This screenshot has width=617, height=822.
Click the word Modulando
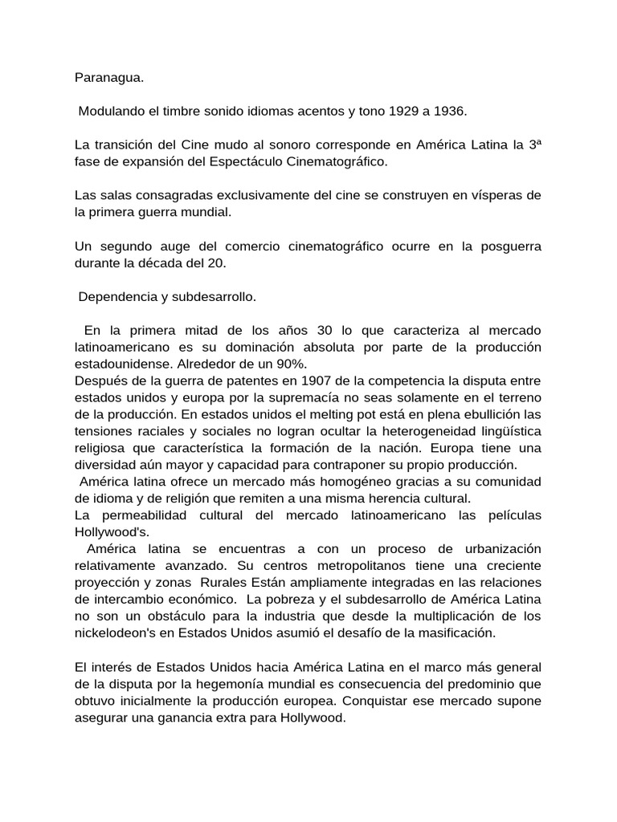tap(110, 110)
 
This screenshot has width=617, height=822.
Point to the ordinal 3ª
tap(533, 145)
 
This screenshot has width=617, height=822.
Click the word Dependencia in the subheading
tap(116, 297)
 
